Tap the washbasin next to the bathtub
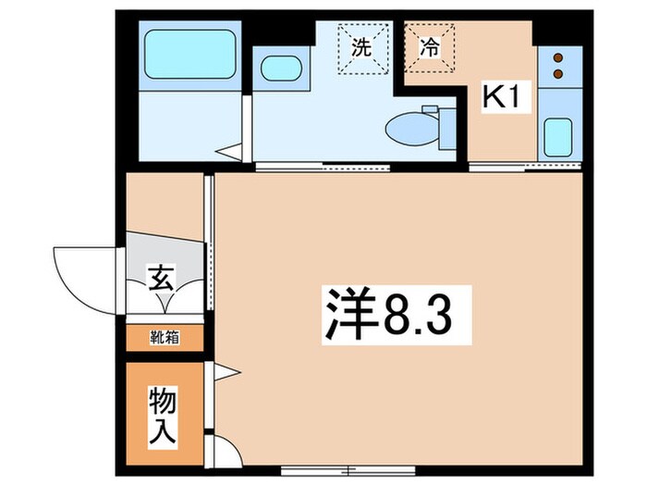(278, 70)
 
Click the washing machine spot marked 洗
(362, 47)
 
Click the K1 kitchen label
(498, 95)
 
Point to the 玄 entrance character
(160, 277)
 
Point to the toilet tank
(438, 123)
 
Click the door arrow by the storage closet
(226, 374)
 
